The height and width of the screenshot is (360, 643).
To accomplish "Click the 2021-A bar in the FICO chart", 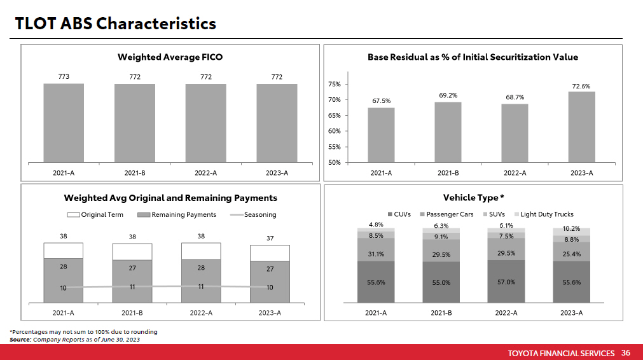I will [x=64, y=123].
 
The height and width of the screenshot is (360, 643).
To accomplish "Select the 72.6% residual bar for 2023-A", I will [x=581, y=127].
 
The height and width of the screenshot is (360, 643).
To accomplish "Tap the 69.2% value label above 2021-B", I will [x=448, y=95].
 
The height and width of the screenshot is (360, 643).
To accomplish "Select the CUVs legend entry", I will [x=399, y=214].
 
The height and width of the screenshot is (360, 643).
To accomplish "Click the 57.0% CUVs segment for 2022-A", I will [x=506, y=282].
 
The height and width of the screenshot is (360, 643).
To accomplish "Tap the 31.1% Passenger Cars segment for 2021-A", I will [x=375, y=254].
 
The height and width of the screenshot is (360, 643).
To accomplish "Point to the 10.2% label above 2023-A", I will [x=572, y=228].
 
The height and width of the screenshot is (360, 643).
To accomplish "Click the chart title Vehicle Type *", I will [x=475, y=198].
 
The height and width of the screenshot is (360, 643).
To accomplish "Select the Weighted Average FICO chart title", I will [x=170, y=57].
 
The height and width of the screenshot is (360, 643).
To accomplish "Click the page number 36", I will [x=626, y=353].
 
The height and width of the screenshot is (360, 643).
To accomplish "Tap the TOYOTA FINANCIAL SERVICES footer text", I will [x=562, y=353].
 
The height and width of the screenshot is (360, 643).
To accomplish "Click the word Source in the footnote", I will [x=20, y=340].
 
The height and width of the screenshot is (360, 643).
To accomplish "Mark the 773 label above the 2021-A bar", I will [x=64, y=77].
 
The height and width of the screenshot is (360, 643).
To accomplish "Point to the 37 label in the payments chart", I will [x=270, y=239].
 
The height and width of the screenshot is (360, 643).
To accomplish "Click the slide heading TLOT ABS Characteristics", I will [x=116, y=24].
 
